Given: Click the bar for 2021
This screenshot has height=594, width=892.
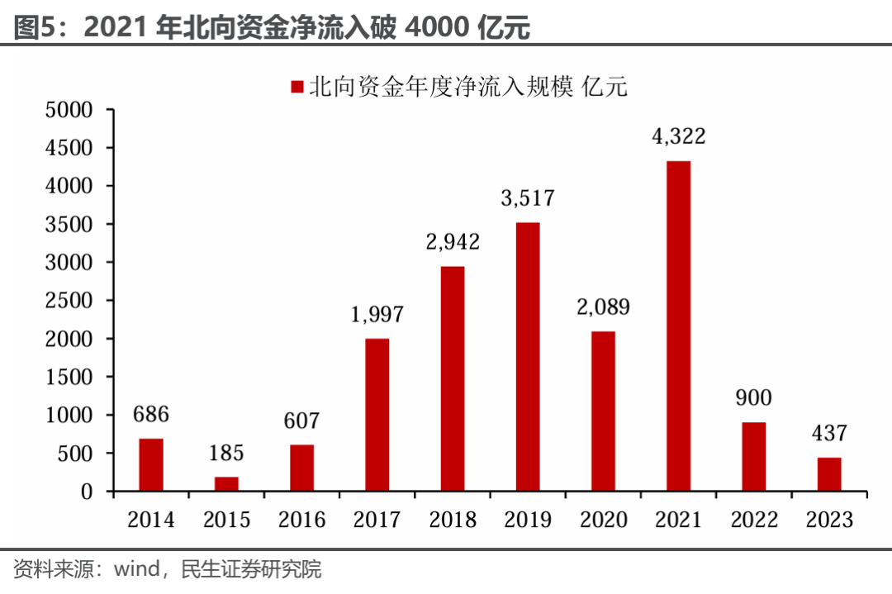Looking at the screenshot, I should (x=678, y=326).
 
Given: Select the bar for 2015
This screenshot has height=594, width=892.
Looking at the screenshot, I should (x=226, y=484).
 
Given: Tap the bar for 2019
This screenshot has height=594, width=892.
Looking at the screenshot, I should (x=528, y=357).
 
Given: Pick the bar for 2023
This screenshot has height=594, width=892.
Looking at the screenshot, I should (x=829, y=474).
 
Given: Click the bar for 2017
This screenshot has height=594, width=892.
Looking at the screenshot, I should (x=377, y=415).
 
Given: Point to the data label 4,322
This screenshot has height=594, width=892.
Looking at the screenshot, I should (x=678, y=136).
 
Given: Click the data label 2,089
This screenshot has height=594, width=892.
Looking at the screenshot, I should (x=603, y=307).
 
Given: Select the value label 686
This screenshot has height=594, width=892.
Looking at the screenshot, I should (x=151, y=414).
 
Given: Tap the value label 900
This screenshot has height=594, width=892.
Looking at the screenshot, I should (x=753, y=397).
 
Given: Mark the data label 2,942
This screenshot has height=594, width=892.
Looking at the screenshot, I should (x=453, y=242).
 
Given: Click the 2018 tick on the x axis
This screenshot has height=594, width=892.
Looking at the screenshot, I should (x=453, y=520).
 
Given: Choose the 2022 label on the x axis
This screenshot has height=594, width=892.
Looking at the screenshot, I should (x=754, y=520).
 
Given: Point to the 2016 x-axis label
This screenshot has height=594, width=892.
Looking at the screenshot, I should (x=301, y=520).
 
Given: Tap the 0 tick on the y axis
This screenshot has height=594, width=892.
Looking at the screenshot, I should (x=86, y=492).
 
